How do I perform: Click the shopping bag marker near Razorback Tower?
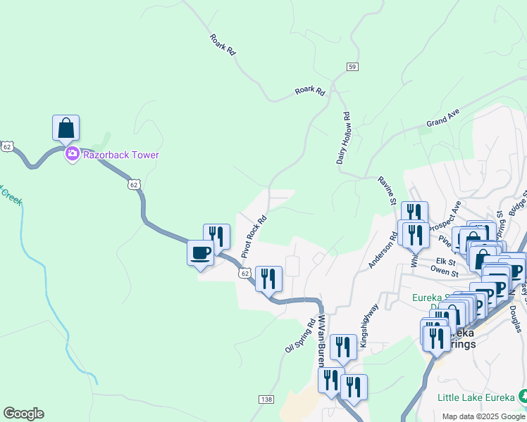66,128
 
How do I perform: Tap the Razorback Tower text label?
122,155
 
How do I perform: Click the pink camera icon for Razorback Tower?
72,155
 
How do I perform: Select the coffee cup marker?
200,253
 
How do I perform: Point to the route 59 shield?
352,66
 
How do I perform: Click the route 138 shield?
266,399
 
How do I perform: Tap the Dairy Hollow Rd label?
344,138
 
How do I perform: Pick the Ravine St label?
388,191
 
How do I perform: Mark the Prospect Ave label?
447,220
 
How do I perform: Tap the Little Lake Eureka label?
476,397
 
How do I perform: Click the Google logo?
23,414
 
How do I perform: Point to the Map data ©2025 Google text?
483,416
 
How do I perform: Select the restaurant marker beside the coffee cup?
216,237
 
